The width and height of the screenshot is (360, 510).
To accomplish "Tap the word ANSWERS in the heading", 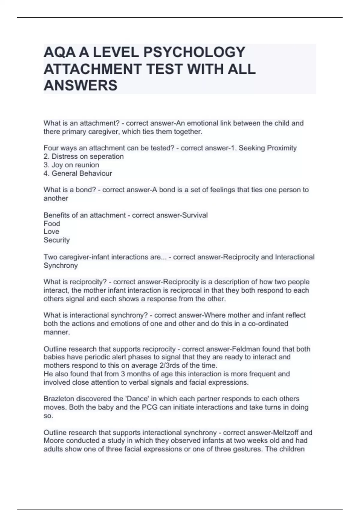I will pos(80,85).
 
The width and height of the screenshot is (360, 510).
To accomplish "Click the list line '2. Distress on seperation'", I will pos(83,156).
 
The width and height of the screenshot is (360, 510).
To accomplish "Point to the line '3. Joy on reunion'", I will pos(71,165).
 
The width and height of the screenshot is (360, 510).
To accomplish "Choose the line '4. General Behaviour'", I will pos(78,173).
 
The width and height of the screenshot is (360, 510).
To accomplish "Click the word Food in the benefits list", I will pos(52,223).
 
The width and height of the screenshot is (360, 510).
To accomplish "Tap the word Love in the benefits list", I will pos(51,232).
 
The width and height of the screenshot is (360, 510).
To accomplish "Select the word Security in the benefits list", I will pos(56,240).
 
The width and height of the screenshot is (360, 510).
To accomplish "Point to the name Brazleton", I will pos(59,399).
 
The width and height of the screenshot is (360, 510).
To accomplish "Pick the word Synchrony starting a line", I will pos(60,265).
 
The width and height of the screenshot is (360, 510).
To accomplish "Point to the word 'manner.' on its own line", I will pos(57,332).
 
